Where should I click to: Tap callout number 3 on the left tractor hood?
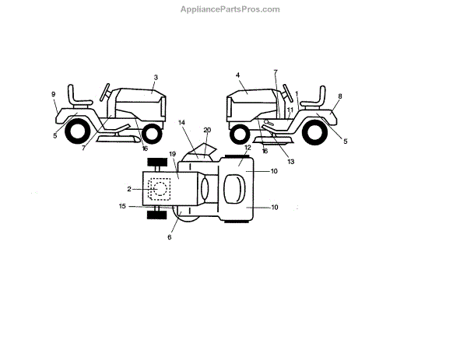(156, 77)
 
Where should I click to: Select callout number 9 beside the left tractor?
(54, 95)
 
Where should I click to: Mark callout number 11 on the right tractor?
(290, 111)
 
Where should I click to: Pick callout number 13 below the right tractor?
(290, 161)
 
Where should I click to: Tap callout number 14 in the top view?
(181, 123)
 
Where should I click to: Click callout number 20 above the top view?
(207, 130)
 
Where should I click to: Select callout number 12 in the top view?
(248, 147)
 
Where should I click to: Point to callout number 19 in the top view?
(173, 154)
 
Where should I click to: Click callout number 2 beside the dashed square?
(129, 189)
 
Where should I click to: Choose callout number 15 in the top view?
(122, 206)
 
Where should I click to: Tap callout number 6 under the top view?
(169, 237)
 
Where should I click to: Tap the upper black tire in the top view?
(157, 163)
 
